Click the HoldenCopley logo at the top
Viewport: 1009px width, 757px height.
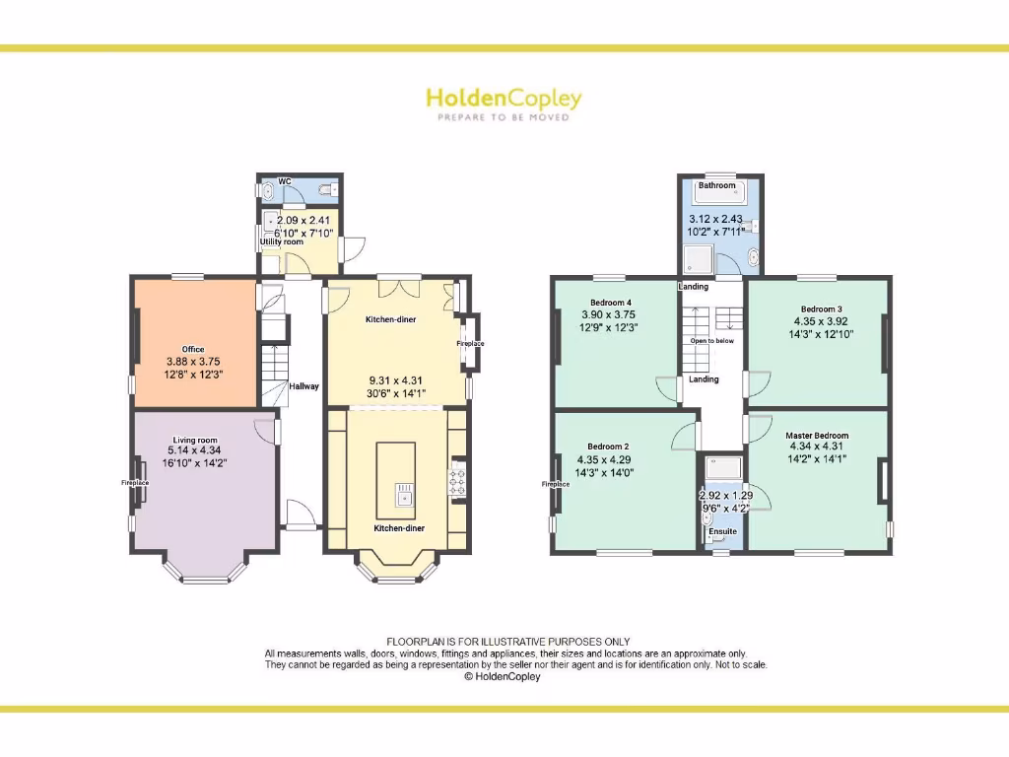(504, 99)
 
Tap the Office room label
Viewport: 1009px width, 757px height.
(193, 349)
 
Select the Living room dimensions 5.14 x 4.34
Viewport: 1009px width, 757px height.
(195, 450)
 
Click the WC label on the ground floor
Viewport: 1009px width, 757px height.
(285, 181)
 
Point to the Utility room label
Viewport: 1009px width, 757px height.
(282, 241)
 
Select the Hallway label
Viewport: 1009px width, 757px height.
(303, 386)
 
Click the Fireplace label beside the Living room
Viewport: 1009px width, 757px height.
(135, 483)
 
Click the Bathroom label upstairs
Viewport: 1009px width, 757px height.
(716, 185)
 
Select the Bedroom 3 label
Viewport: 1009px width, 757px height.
(821, 309)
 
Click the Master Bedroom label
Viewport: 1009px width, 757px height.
(817, 435)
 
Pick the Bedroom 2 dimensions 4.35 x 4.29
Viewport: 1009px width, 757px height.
(605, 459)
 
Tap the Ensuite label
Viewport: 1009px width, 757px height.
(722, 531)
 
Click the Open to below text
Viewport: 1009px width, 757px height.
(711, 341)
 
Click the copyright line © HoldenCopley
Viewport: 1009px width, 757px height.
(503, 677)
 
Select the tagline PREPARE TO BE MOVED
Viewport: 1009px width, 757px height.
(504, 117)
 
